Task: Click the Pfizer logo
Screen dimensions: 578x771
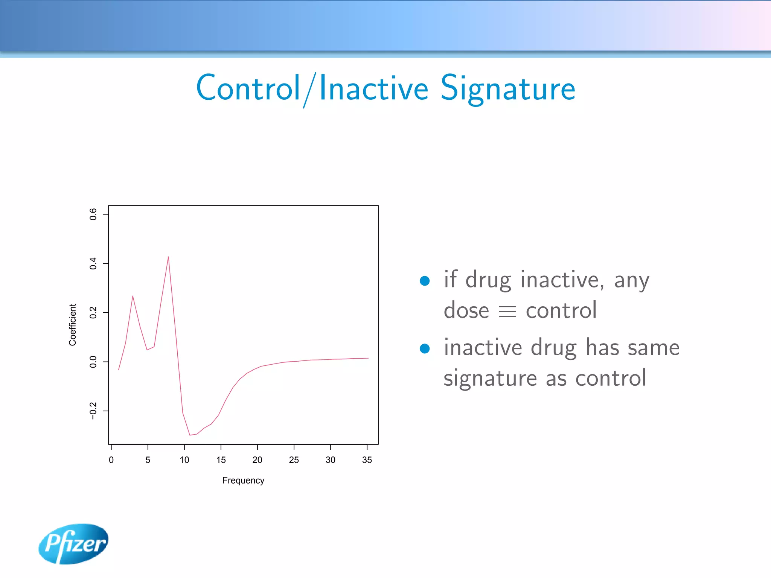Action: point(74,544)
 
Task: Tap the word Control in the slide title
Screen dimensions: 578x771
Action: point(248,89)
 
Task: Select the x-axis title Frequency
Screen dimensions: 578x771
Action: point(243,481)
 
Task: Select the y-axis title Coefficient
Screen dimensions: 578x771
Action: point(73,325)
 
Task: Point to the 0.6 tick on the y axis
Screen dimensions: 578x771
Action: point(93,214)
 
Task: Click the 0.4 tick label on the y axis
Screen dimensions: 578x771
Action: point(93,263)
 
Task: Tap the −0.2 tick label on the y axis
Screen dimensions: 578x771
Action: point(93,411)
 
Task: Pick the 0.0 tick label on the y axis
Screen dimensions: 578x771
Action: point(93,362)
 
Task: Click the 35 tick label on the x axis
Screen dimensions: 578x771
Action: point(367,460)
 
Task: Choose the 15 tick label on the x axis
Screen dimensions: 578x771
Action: point(221,460)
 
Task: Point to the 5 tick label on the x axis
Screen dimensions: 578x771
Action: point(148,460)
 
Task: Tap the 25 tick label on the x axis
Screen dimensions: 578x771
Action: point(294,460)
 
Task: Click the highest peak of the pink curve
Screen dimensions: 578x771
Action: point(168,257)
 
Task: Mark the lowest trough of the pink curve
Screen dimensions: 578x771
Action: point(190,435)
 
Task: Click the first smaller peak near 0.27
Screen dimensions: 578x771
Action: point(133,297)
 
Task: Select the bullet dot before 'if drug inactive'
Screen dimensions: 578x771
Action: point(425,281)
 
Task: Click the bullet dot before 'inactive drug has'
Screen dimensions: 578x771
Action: point(425,348)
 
